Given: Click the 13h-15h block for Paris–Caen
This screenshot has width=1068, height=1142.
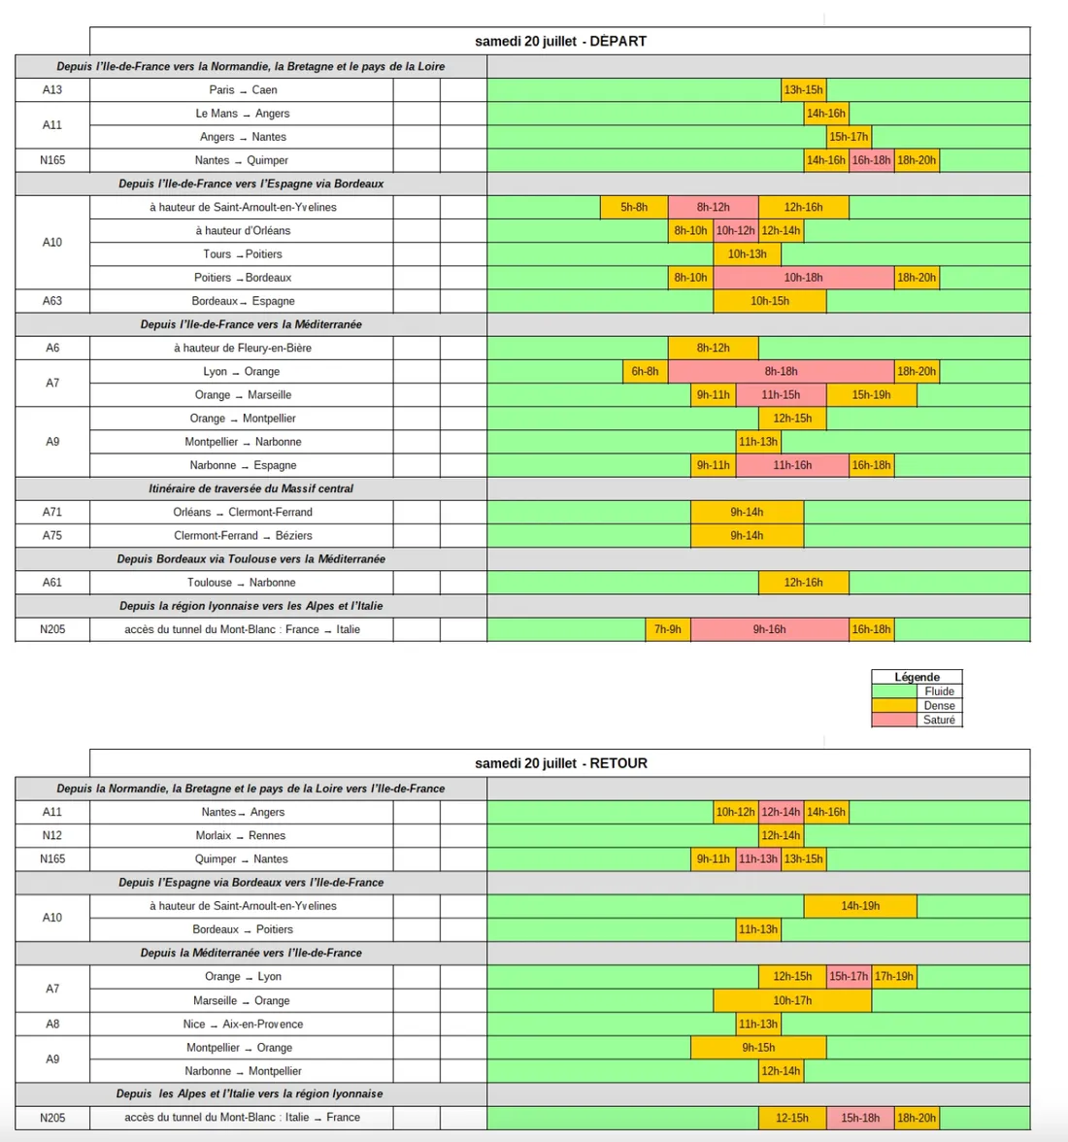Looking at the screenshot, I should pos(803,90).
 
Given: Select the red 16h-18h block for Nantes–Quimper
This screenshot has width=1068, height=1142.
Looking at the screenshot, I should pos(871,160).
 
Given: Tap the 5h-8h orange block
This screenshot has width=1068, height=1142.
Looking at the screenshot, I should pos(634,207).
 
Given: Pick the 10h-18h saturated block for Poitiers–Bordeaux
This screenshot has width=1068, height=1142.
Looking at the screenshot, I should pos(803,278).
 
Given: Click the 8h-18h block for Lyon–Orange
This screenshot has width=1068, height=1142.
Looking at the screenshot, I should pos(781,371).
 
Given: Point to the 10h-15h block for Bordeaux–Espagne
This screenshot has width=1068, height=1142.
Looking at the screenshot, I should pos(769,301).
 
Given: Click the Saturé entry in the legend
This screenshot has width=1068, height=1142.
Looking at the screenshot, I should pos(938,720).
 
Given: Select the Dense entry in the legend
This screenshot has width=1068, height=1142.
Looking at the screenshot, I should pos(938,706).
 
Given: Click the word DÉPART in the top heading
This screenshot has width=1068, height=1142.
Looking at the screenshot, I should pos(617,42).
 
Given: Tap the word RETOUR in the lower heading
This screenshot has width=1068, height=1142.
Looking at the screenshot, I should pos(618,763).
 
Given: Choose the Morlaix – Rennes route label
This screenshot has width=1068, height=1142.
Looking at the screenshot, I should pos(241,835).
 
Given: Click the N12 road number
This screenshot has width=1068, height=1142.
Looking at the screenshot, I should pos(52,835).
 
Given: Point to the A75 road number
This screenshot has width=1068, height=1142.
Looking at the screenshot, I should pos(52,535).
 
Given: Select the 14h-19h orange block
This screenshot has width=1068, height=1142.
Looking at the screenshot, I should pos(860,906).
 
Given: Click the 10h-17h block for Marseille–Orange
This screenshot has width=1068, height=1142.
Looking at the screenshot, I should pos(792,1000).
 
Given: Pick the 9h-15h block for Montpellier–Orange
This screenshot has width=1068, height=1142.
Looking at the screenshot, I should pos(758,1048).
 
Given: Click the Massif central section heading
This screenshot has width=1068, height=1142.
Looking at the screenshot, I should pos(250,488).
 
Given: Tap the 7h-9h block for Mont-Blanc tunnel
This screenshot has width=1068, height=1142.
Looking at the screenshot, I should pos(668,629).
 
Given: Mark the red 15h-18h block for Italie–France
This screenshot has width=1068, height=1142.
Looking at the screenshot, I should pos(860,1118).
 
